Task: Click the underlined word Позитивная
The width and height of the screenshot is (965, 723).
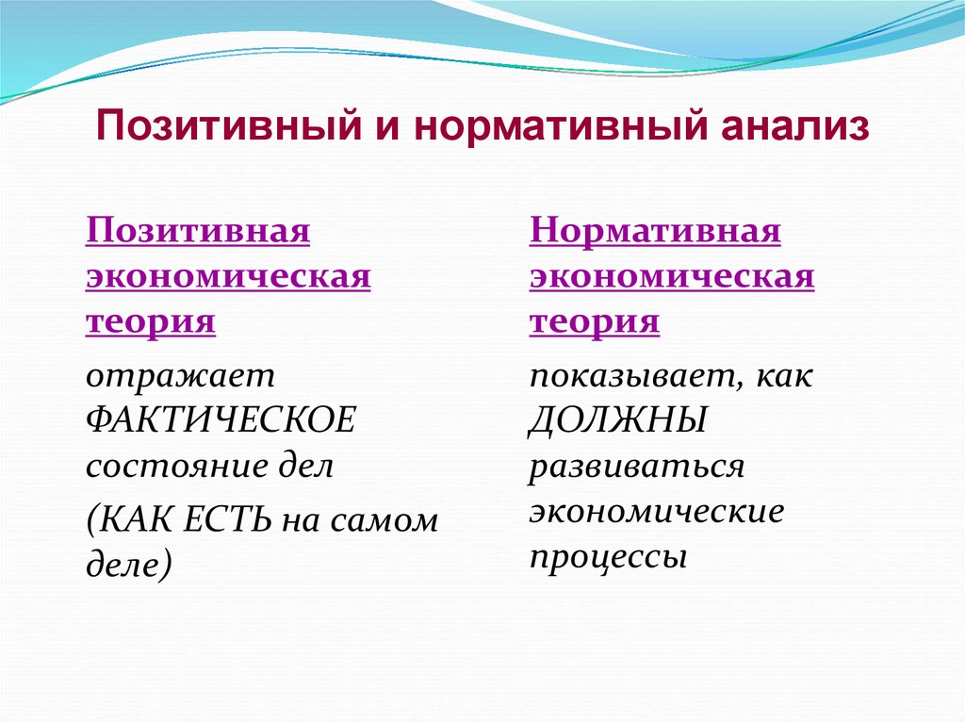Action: pos(198,231)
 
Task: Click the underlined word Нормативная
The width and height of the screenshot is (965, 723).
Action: pos(655,231)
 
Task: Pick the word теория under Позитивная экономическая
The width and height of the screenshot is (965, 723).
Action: pos(151,322)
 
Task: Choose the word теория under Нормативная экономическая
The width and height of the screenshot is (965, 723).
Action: pos(594,322)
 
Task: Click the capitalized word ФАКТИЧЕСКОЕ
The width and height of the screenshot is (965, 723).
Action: pos(221,421)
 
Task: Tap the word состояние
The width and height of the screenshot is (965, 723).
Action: pos(178,468)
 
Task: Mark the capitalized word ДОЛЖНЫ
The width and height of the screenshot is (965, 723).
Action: pos(617,421)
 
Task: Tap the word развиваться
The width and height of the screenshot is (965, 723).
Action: pos(637,468)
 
